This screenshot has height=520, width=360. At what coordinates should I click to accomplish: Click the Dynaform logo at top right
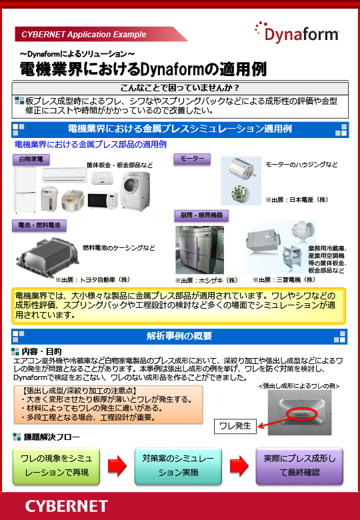(297, 31)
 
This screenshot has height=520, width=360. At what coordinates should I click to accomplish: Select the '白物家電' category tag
(31, 159)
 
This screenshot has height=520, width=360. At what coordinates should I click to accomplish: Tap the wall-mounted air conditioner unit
(65, 176)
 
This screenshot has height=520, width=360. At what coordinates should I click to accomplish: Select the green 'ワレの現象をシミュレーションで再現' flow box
(56, 465)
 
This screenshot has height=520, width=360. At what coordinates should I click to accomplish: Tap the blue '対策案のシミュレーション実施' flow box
(178, 465)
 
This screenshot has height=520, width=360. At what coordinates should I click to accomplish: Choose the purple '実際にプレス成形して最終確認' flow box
(299, 465)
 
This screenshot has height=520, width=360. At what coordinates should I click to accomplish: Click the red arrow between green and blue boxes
(117, 466)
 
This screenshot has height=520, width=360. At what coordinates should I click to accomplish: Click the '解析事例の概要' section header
(179, 335)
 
